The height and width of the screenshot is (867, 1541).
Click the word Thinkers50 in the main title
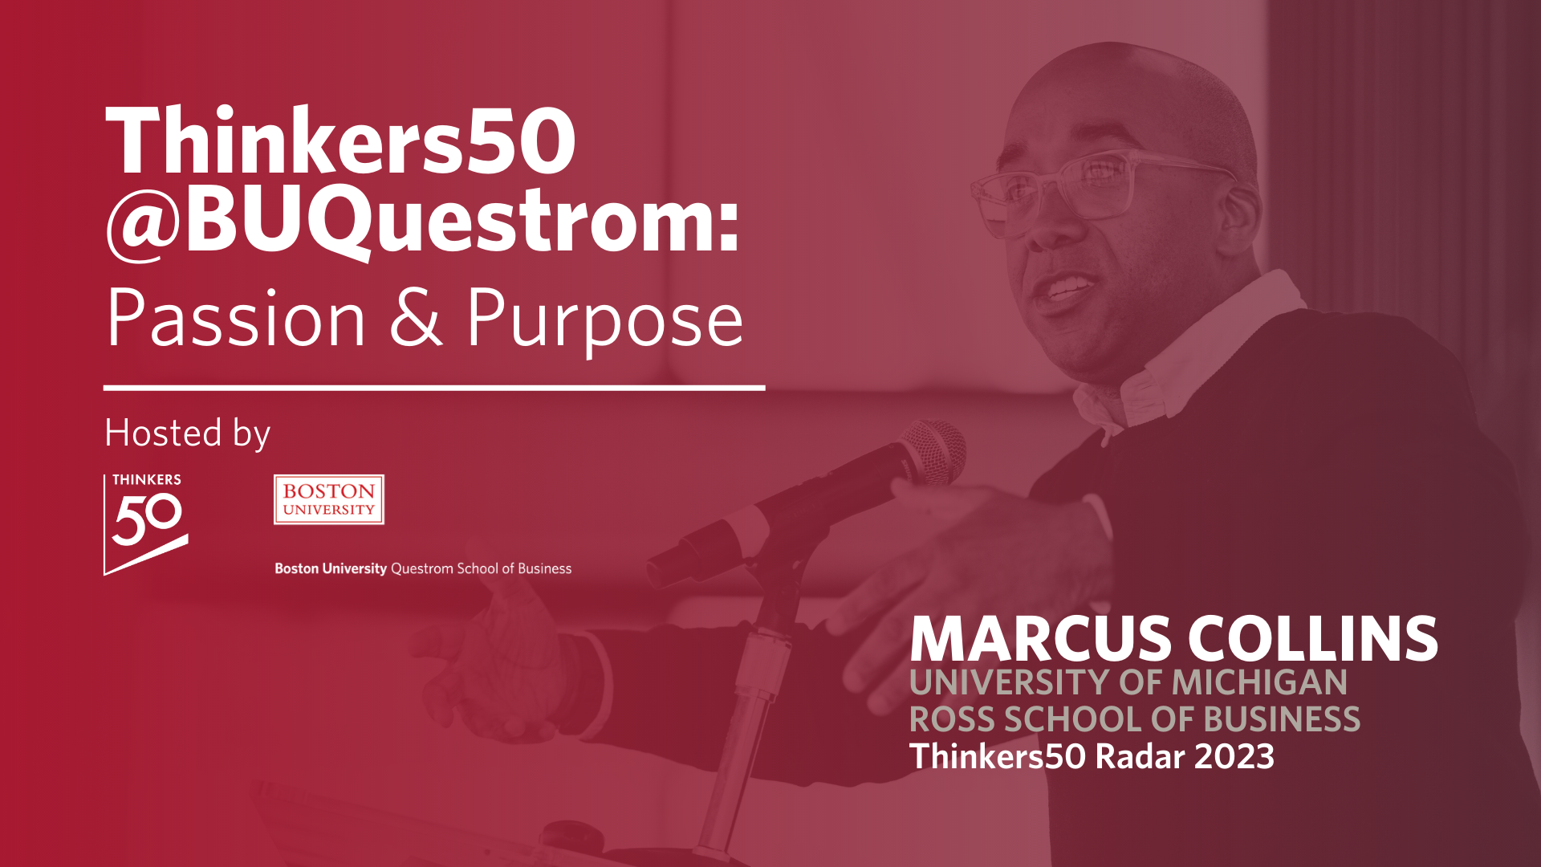[x=340, y=141]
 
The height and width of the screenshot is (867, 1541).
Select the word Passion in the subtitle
[x=236, y=320]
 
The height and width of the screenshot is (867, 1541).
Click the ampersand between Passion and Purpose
[x=416, y=318]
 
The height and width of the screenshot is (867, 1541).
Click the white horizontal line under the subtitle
[x=433, y=388]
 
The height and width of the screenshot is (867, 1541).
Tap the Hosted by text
[x=187, y=433]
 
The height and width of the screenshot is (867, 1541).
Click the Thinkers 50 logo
[x=146, y=523]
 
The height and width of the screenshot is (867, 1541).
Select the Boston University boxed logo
[x=329, y=499]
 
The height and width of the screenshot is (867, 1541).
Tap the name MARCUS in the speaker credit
[x=1041, y=639]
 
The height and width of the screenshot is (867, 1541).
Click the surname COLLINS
[x=1312, y=639]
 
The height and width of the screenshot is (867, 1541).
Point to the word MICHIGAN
[x=1259, y=682]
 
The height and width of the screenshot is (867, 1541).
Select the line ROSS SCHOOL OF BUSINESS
[x=1134, y=719]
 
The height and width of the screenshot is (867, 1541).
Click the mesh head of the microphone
[x=936, y=451]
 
